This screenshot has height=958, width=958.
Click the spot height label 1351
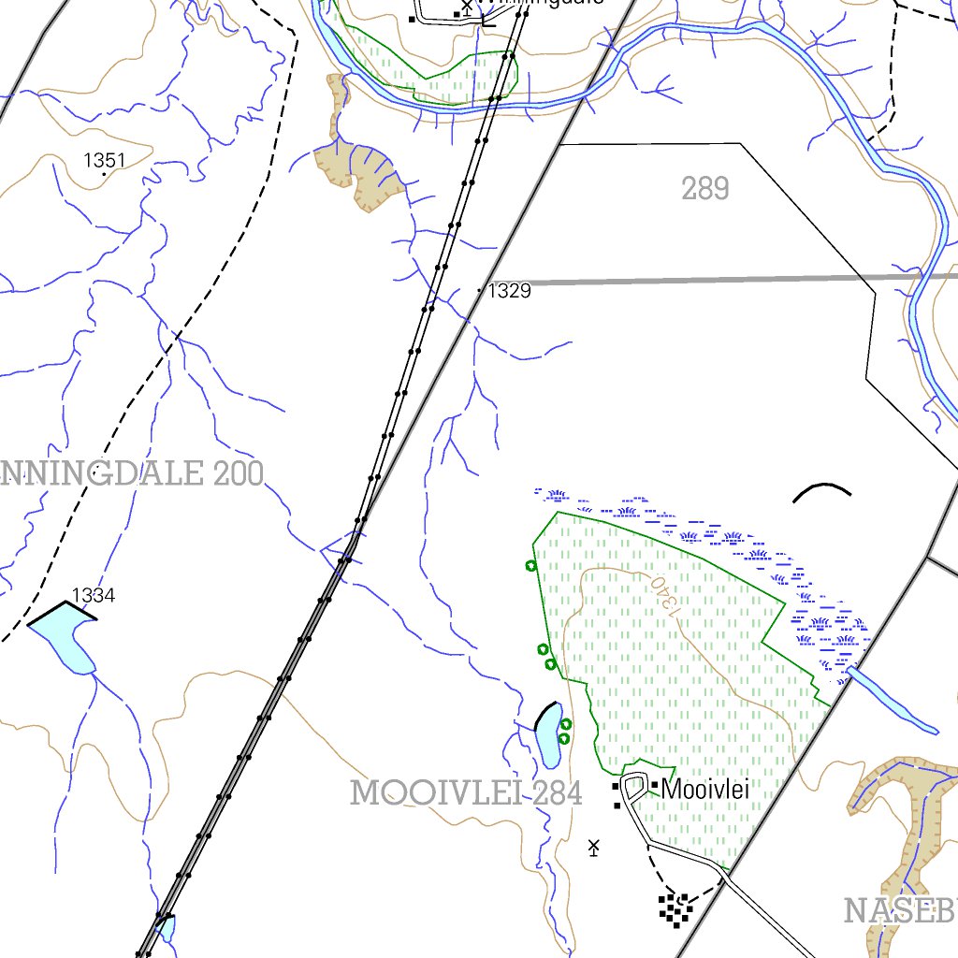point(105,160)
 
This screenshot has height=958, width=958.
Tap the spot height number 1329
point(510,291)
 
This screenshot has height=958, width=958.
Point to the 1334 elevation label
point(94,595)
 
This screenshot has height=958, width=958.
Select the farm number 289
point(705,189)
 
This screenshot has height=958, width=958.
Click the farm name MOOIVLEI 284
point(466,793)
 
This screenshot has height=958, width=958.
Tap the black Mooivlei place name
point(706,790)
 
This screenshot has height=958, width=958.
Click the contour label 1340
point(662,594)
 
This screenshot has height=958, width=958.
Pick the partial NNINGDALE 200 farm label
point(131,473)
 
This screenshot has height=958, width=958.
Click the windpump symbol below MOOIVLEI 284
point(593,847)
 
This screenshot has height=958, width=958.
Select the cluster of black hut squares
point(676,907)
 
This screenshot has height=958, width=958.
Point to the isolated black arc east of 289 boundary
point(821,490)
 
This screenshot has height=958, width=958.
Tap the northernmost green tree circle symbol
point(530,565)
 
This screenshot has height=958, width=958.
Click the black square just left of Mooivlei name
point(654,785)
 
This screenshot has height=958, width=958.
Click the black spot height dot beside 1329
point(480,291)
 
